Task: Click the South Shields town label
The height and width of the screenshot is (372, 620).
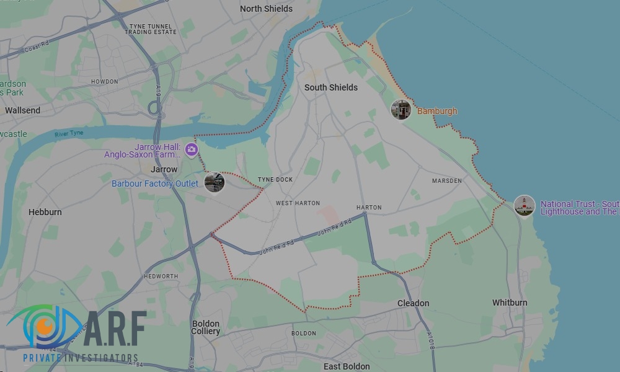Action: coord(331,87)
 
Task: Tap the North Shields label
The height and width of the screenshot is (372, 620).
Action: coord(266,9)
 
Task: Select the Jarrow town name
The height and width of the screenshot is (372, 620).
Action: coord(164,169)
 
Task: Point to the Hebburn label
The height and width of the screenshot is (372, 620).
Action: coord(45,212)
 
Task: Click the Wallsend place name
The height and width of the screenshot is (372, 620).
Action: coord(22,110)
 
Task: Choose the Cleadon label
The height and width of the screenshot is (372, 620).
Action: coord(413,303)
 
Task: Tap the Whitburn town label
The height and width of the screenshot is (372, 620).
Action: coord(510,303)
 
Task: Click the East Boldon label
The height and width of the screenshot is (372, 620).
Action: coord(347,366)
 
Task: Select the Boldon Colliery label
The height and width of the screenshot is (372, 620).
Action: coord(206,327)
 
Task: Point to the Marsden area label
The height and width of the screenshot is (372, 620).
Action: coord(447,181)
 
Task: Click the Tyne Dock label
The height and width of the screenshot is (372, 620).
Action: coord(275,180)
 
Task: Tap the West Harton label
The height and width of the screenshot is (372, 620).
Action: coord(298,203)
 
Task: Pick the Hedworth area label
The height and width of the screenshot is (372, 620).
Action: coord(161,277)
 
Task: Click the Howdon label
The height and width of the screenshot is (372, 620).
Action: coord(104,82)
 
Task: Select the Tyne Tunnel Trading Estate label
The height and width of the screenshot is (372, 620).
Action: coord(151,29)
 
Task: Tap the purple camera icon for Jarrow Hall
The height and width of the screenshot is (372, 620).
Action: coord(192,149)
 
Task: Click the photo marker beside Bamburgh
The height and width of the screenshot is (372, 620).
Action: coord(401,110)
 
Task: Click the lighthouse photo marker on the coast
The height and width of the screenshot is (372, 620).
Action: coord(525,205)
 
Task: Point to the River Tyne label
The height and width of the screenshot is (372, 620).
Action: coord(69,134)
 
